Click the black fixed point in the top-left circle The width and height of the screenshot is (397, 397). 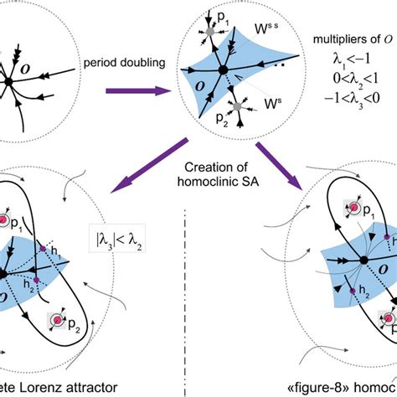8,81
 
